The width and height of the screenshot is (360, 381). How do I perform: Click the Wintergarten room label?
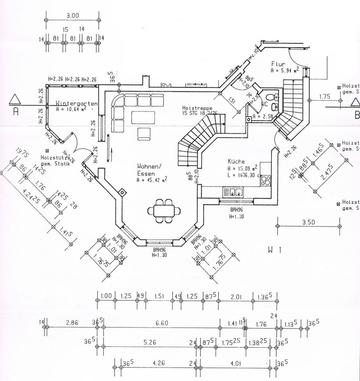(x=77, y=103)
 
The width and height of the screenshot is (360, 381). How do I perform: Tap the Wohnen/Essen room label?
(x=149, y=169)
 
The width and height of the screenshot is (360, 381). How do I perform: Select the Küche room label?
(x=236, y=162)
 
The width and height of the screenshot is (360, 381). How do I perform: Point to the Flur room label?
(x=278, y=64)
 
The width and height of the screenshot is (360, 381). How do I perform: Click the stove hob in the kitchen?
(x=265, y=181)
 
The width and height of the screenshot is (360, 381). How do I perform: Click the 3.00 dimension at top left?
(x=73, y=16)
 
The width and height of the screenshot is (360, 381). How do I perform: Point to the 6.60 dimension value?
(x=162, y=323)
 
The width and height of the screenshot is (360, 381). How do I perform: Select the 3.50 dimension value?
(x=308, y=222)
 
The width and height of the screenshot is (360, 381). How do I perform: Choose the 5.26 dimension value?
(x=149, y=343)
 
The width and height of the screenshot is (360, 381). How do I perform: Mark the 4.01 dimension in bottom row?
(x=235, y=363)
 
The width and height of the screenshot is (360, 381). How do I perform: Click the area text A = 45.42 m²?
(x=152, y=180)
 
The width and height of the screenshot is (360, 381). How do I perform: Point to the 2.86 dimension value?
(x=72, y=323)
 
